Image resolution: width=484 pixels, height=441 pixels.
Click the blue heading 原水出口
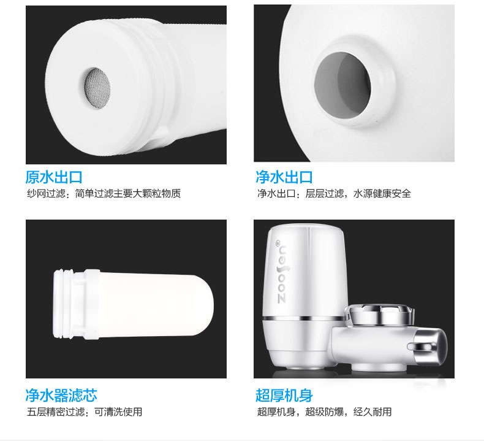tap(54, 177)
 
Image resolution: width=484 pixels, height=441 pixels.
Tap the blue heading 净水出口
tap(284, 177)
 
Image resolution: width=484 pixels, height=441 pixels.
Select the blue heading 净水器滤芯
tap(61, 395)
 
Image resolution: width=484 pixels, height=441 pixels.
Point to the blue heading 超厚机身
tap(284, 395)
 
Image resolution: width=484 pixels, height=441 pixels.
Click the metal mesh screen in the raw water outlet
tap(97, 88)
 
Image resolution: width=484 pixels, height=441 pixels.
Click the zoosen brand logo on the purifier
tap(282, 274)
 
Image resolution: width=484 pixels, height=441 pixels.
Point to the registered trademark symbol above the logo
tap(277, 242)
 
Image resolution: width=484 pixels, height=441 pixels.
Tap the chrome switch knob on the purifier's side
tap(428, 346)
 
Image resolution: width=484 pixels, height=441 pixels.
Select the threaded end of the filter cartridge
tap(69, 304)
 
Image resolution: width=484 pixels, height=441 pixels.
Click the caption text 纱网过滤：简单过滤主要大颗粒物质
tap(104, 194)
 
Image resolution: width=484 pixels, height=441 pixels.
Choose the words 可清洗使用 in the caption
tap(118, 412)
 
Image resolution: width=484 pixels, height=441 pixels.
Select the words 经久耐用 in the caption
tap(372, 412)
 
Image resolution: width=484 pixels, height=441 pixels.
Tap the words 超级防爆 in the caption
tap(325, 412)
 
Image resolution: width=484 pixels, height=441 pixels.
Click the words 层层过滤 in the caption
tap(325, 194)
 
